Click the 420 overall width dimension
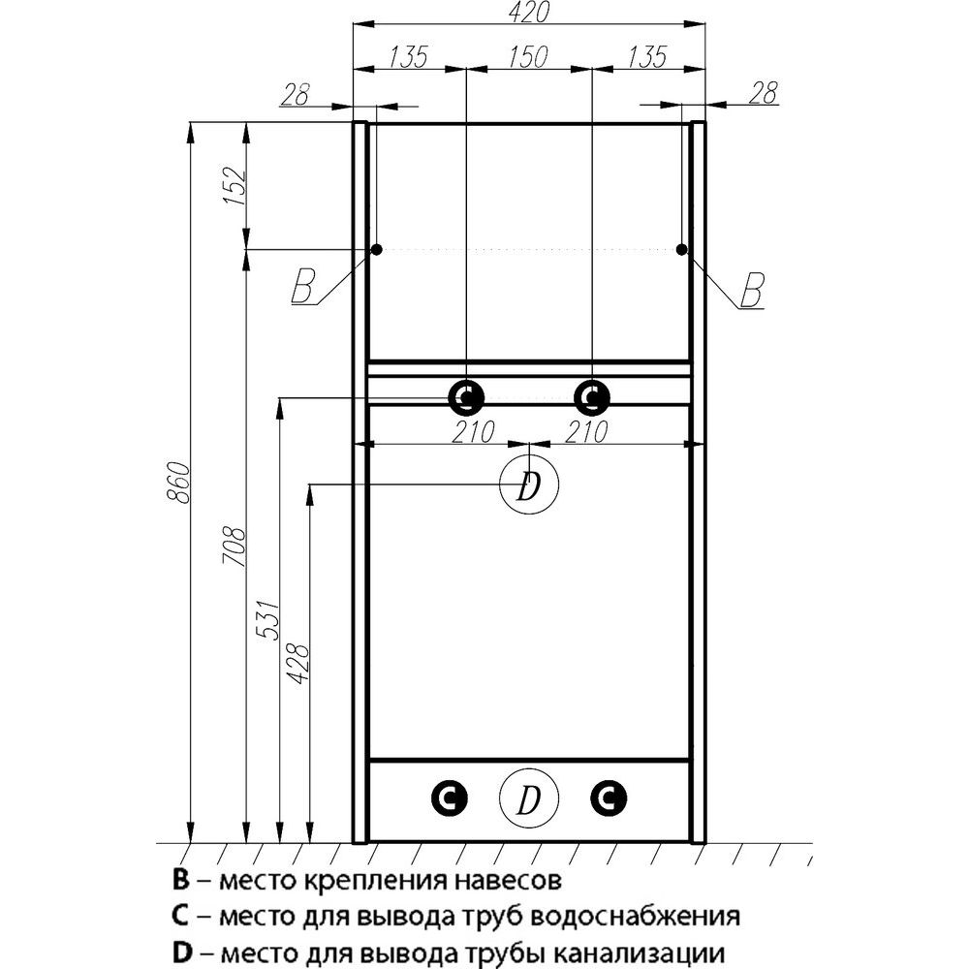coord(530,13)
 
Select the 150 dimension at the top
coord(529,57)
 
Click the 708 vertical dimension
coord(234,547)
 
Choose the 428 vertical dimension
coord(297,664)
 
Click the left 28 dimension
coord(295,94)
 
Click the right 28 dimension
coord(763,93)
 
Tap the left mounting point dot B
coord(376,250)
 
